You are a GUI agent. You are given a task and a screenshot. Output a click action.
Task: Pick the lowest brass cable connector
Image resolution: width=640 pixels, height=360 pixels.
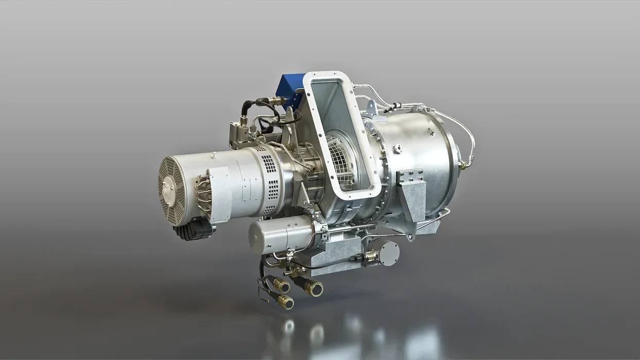point(286,302)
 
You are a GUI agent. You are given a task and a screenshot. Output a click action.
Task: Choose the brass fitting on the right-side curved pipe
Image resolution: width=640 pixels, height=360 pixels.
point(463,165)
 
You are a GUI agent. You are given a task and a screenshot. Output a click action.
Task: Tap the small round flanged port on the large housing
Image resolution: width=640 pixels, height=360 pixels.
point(397,149)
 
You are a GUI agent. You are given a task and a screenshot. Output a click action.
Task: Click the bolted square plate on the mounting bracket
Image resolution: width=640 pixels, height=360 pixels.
point(410,176)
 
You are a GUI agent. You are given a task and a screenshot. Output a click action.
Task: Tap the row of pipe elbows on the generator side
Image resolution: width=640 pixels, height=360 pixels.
point(203,191)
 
